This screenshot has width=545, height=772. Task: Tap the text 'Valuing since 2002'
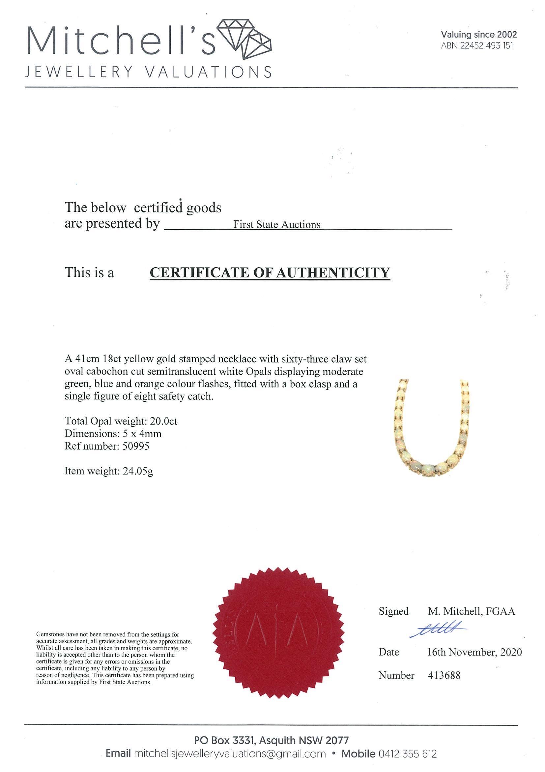[478, 34]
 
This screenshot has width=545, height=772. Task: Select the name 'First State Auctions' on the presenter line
[277, 224]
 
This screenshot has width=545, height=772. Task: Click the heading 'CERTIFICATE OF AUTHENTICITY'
[270, 272]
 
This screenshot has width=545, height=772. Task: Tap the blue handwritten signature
[438, 632]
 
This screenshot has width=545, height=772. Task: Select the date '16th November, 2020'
[474, 652]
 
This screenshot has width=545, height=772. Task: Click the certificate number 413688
[444, 675]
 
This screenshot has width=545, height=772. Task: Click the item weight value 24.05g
[136, 471]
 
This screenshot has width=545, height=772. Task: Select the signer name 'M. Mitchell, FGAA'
[471, 611]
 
